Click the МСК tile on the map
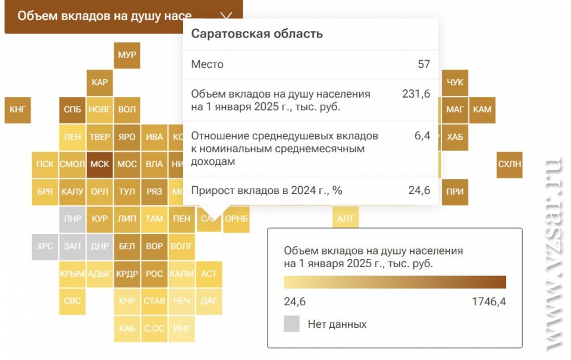(99, 164)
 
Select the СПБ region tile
(72, 109)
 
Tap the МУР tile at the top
(127, 55)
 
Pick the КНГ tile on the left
(17, 109)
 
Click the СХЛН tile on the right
(510, 164)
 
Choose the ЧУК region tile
(454, 82)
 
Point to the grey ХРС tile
(45, 246)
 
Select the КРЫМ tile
(72, 274)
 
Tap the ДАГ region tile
(209, 301)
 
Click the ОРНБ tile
(237, 218)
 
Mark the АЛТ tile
(346, 218)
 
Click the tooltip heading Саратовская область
(256, 34)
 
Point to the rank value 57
(423, 64)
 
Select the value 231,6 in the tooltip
(416, 93)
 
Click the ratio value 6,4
(422, 136)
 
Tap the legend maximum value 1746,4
(488, 302)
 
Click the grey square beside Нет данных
(291, 324)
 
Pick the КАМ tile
(482, 109)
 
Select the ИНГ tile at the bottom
(181, 328)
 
